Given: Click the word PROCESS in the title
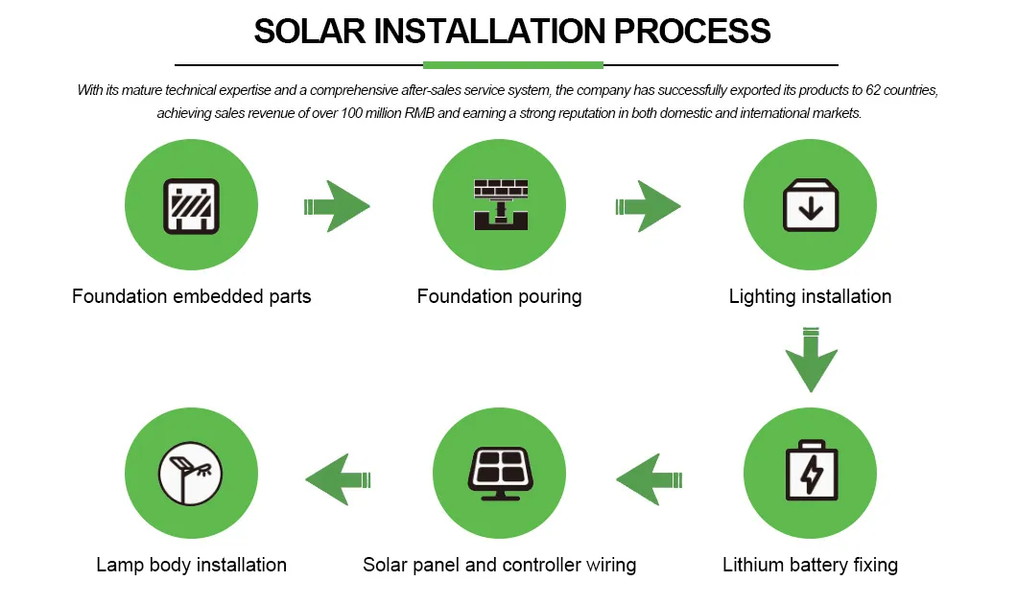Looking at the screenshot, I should pos(692,31).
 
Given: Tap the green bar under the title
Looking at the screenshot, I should pos(512,65).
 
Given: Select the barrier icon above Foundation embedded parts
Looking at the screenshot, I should pos(192,206).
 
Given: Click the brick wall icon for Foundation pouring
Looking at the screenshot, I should pos(500,204).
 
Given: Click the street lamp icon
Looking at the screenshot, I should pos(192,473).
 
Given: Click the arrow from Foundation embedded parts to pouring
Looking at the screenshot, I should pos(337,205).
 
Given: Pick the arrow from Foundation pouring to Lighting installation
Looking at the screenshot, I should pos(648,205).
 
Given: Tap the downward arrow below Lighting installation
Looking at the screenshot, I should pos(811,360).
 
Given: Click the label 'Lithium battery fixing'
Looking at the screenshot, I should pos(810,565).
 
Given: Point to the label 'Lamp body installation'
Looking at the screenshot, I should pos(191,565).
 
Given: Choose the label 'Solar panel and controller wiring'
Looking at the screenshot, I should pos(499,565).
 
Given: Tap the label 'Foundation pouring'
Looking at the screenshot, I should pos(499,296).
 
